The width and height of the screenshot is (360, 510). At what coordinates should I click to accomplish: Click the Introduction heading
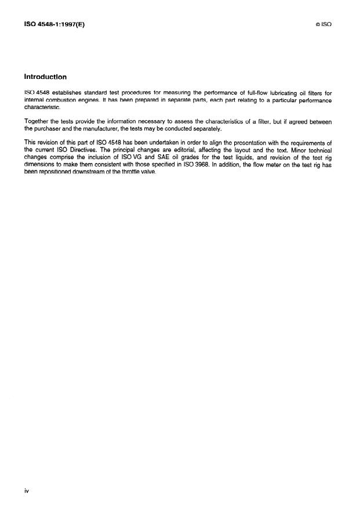point(45,77)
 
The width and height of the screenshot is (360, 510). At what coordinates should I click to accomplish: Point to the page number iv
point(26,491)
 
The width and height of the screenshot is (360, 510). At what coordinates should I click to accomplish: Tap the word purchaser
point(50,129)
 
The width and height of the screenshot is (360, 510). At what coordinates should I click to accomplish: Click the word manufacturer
point(117,129)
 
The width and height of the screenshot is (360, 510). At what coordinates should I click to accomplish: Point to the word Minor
point(287,150)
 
